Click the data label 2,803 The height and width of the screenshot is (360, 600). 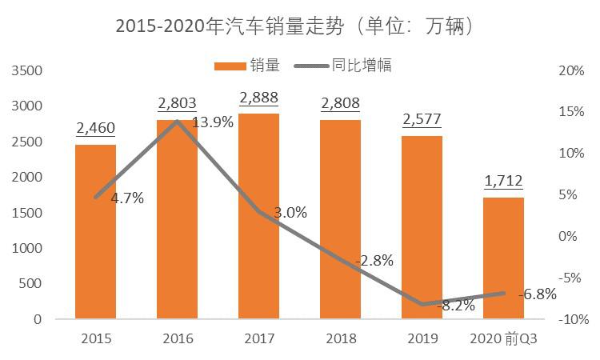pyautogui.click(x=177, y=104)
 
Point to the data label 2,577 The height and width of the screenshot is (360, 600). pyautogui.click(x=422, y=121)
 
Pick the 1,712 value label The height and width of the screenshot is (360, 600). pyautogui.click(x=503, y=182)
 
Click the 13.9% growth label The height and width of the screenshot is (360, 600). pyautogui.click(x=214, y=122)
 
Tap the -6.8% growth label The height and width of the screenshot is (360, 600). pyautogui.click(x=537, y=294)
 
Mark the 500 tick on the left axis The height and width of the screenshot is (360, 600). pyautogui.click(x=30, y=284)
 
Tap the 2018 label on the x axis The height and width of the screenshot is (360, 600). pyautogui.click(x=340, y=338)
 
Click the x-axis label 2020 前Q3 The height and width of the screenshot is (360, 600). pyautogui.click(x=503, y=338)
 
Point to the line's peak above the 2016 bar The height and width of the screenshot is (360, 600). pyautogui.click(x=177, y=121)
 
